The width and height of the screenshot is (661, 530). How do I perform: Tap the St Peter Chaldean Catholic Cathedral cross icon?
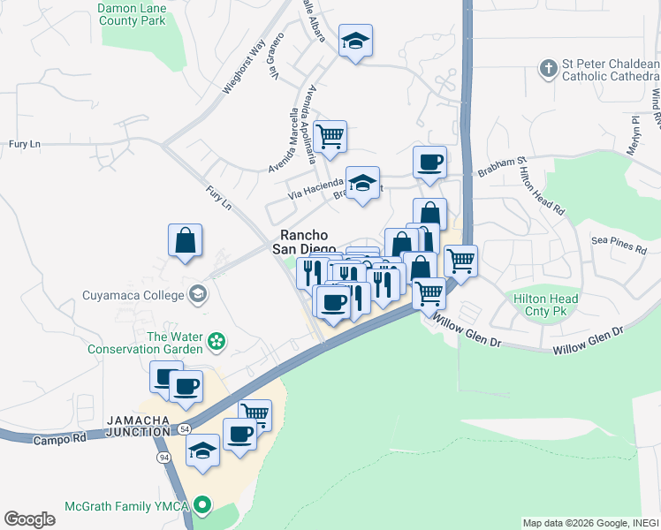tap(548, 67)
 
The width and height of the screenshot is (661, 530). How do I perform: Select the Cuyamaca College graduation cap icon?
tap(198, 294)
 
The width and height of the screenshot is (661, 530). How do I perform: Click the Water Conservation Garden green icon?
tap(214, 340)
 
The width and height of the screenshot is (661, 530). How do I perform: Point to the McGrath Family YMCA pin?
tap(202, 506)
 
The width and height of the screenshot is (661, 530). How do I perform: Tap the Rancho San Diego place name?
tap(305, 241)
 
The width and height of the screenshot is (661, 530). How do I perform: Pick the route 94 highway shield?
tap(164, 458)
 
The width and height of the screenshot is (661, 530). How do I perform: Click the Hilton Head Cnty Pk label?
tap(546, 306)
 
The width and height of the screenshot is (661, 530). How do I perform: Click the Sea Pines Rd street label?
tap(619, 244)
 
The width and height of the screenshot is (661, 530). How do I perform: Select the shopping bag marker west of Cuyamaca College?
tap(186, 239)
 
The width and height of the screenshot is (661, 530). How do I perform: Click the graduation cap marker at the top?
tap(355, 40)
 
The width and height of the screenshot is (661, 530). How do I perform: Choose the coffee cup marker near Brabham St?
tap(429, 162)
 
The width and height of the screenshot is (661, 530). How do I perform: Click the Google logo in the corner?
tap(29, 519)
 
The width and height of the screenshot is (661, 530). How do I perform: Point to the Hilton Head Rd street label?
tap(549, 195)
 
